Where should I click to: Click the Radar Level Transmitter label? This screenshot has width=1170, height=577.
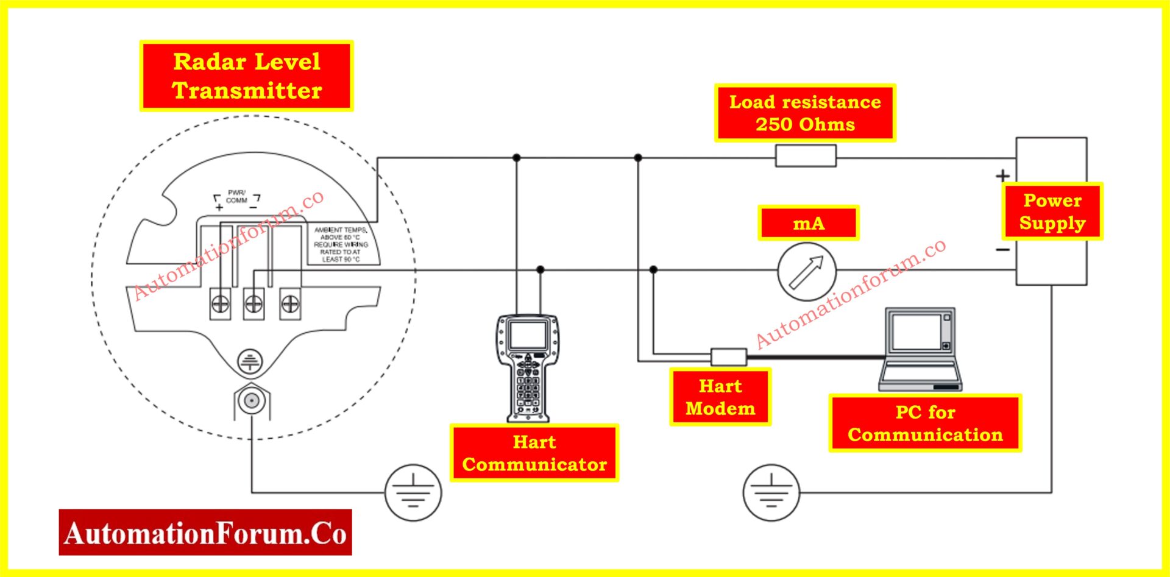[246, 76]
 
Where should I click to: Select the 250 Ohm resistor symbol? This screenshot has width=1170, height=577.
[806, 156]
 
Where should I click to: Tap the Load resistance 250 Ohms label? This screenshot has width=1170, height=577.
[805, 113]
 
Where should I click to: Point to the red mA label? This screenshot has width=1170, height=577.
[809, 223]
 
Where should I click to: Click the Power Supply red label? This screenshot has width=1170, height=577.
[1052, 211]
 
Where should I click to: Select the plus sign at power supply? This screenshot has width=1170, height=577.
[1002, 176]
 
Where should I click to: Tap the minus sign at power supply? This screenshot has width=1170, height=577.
[1002, 249]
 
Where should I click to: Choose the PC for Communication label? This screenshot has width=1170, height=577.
[925, 423]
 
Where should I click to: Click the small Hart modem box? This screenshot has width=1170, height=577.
[729, 357]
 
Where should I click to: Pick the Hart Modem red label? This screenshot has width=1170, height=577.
[720, 397]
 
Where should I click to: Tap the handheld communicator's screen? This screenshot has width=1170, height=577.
[528, 335]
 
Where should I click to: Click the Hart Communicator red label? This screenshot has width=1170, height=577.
[534, 453]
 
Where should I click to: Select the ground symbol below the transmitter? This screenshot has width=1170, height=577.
[413, 492]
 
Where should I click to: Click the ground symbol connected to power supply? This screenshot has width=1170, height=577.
[771, 492]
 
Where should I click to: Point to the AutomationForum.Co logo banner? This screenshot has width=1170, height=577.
[205, 533]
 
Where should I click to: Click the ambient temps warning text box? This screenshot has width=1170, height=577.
[341, 244]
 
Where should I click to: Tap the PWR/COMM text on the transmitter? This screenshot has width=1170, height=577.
[236, 197]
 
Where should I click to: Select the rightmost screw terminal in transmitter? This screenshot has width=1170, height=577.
[290, 303]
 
